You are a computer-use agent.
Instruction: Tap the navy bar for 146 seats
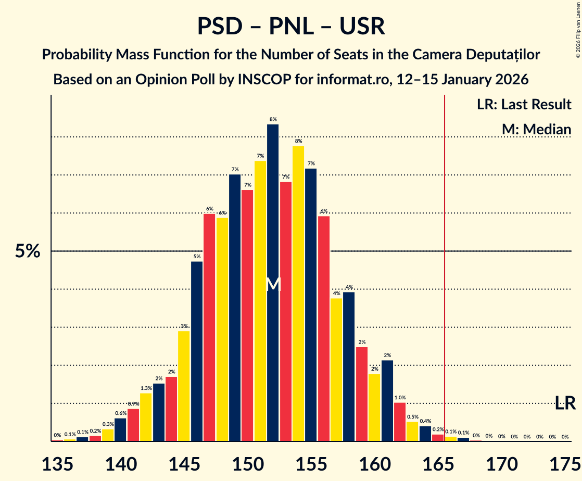(197, 351)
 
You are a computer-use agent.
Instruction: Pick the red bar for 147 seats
(209, 327)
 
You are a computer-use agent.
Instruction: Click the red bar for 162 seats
(400, 422)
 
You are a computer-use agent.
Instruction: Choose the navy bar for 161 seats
(387, 401)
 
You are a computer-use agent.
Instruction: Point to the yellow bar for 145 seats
(184, 386)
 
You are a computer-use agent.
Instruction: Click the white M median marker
(273, 285)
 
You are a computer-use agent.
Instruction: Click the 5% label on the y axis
(28, 251)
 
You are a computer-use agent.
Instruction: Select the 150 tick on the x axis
(247, 462)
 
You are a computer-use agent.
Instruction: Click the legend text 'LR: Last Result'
(524, 104)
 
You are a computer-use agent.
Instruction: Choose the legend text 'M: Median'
(536, 129)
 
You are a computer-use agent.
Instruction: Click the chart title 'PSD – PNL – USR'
(291, 27)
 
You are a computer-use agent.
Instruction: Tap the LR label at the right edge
(565, 402)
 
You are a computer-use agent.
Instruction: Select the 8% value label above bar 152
(273, 119)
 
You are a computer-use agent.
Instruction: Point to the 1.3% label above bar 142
(146, 388)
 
